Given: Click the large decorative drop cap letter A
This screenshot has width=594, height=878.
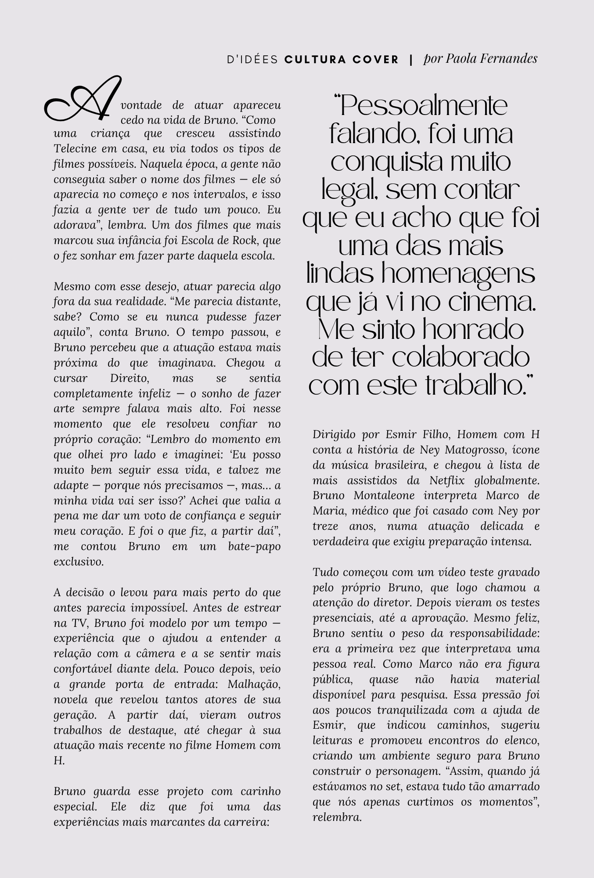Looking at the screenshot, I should tap(83, 100).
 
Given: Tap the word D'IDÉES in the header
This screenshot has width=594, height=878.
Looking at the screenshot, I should tap(252, 59).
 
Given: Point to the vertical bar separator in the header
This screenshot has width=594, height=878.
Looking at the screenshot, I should tap(411, 59).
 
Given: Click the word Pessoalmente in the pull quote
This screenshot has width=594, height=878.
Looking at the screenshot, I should tap(421, 106).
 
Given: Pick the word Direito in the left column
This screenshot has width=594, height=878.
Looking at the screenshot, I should tap(126, 378).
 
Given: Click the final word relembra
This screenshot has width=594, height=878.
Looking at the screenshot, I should tap(337, 817).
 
